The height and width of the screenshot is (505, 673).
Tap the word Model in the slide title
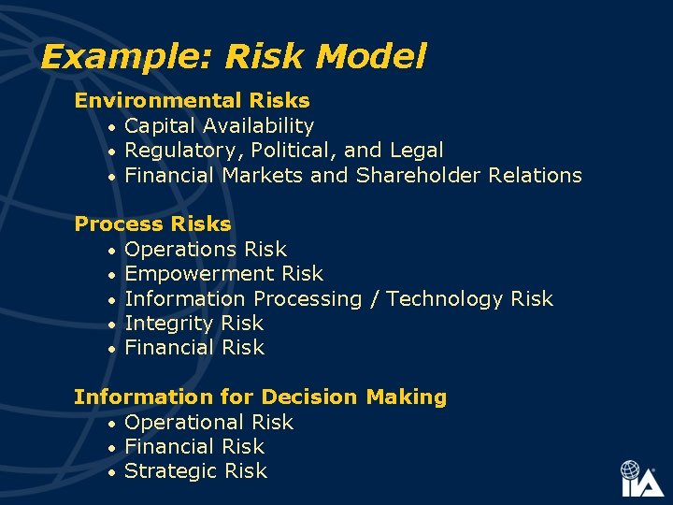click(x=371, y=57)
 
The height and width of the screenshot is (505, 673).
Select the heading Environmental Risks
click(x=192, y=100)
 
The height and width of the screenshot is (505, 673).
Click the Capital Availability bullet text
click(x=219, y=125)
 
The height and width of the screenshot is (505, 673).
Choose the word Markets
click(x=263, y=175)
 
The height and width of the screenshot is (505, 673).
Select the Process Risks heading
click(x=152, y=224)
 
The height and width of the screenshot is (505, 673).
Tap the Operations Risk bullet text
click(x=206, y=250)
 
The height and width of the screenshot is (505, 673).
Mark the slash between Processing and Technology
click(x=374, y=299)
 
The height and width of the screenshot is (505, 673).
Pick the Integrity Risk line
click(x=193, y=324)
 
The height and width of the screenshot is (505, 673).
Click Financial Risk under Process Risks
click(x=194, y=348)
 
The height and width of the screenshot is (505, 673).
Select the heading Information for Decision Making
click(x=260, y=397)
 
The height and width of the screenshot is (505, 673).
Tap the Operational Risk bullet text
click(x=208, y=423)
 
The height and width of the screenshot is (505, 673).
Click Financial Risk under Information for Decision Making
click(x=194, y=447)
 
